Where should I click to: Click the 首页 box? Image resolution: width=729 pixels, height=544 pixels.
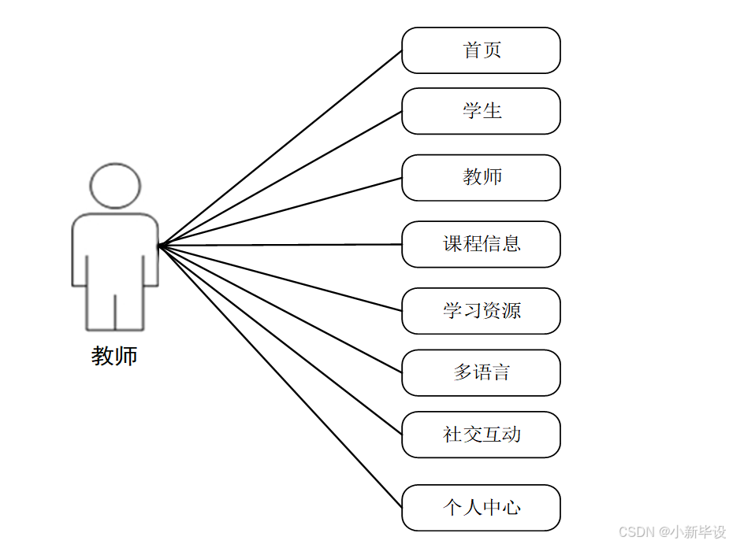[481, 50]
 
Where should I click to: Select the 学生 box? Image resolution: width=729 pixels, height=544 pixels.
[481, 111]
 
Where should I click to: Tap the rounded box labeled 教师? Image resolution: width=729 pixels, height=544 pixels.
[481, 177]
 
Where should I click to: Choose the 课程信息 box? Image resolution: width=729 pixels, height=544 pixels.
[481, 244]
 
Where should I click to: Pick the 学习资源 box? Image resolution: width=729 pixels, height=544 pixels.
[481, 311]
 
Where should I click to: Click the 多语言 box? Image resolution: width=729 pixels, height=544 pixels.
[481, 372]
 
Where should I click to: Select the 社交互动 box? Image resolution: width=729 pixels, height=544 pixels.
[481, 435]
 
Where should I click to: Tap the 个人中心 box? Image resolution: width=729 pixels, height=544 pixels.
[481, 508]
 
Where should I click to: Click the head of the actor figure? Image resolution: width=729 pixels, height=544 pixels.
[115, 186]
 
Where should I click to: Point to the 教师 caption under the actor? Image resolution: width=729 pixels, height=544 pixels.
[115, 357]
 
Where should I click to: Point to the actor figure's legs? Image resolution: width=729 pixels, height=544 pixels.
[115, 311]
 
